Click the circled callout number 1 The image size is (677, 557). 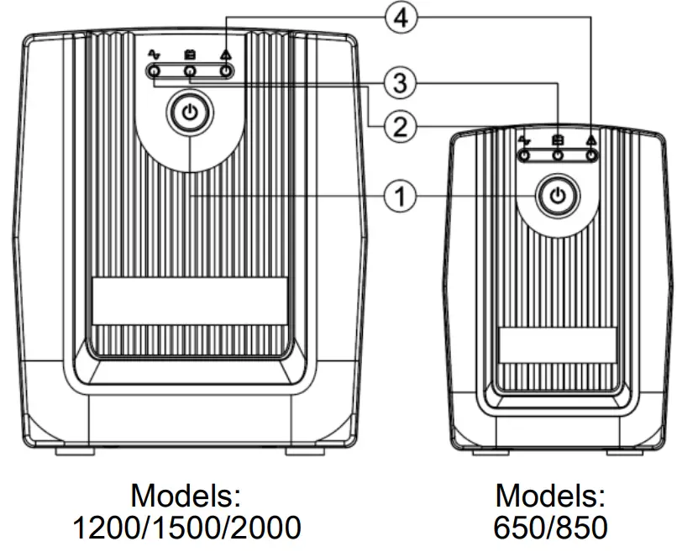[x=401, y=197]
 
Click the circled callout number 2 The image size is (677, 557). [x=401, y=126]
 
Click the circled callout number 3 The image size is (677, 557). [x=401, y=82]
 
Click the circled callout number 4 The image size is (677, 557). [x=401, y=18]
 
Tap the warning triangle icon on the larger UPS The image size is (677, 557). [x=225, y=55]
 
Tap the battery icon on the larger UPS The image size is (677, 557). [x=191, y=55]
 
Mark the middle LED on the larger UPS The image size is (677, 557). [x=191, y=72]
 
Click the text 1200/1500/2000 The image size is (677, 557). [x=186, y=528]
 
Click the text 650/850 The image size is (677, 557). [x=550, y=528]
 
